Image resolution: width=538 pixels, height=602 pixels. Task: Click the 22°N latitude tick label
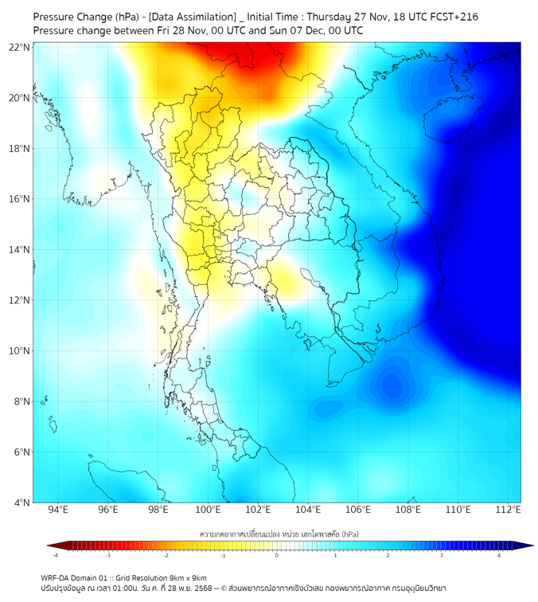(x=20, y=47)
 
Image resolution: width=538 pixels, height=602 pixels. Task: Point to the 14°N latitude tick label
(x=20, y=250)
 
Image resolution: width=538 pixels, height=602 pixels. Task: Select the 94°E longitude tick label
(x=58, y=510)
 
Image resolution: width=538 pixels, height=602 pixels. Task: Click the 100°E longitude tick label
(x=209, y=510)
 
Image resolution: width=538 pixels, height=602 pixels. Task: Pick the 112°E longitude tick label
(x=508, y=510)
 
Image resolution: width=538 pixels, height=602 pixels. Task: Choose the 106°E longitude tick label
(x=358, y=510)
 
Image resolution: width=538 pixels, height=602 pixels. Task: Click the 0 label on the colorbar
(x=277, y=555)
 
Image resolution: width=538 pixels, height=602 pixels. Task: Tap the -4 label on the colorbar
(x=54, y=555)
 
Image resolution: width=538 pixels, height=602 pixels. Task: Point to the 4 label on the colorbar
(x=500, y=555)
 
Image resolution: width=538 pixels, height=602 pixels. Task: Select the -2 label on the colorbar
(x=165, y=555)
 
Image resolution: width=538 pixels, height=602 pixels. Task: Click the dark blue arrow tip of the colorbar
(x=528, y=545)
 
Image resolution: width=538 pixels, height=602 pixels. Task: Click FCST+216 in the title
(x=450, y=17)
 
